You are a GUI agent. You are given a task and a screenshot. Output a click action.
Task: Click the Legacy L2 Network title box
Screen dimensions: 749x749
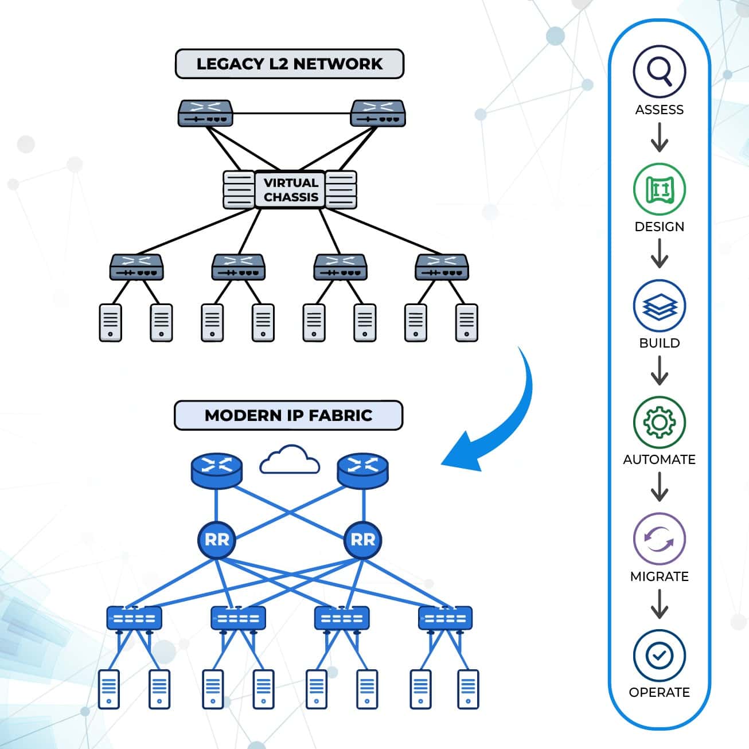tap(290, 64)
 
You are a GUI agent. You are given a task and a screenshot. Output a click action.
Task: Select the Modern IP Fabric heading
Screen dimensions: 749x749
tap(288, 415)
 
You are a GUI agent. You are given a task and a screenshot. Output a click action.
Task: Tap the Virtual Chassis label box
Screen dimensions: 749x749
tap(290, 190)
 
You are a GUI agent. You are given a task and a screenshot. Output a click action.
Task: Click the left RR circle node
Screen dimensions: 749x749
tap(216, 540)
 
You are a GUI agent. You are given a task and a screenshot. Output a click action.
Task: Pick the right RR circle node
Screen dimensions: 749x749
tap(362, 540)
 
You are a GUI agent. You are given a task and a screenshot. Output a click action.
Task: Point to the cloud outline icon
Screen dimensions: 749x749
tap(290, 460)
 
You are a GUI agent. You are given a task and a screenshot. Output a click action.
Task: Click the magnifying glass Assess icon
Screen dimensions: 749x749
tap(659, 72)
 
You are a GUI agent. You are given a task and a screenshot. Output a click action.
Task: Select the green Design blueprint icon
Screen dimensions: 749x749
tap(659, 189)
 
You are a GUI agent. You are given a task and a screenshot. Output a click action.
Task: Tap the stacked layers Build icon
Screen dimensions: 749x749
tap(659, 306)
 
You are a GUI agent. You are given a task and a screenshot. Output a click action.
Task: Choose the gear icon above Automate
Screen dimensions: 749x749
tap(659, 423)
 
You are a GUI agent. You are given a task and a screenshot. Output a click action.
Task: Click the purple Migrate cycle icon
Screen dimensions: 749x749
tap(659, 539)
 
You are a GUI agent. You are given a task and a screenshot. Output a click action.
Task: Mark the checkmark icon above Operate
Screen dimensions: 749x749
tap(659, 656)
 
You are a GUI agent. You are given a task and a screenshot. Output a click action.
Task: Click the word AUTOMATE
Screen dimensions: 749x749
tap(659, 459)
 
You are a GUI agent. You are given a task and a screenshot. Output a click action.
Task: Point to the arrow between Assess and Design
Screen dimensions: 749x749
tap(659, 137)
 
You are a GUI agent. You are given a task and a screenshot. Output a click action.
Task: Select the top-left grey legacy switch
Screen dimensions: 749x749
tap(205, 113)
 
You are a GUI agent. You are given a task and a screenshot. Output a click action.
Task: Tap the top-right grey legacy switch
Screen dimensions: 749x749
tap(378, 113)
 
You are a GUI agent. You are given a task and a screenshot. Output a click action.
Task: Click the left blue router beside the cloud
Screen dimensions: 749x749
tap(216, 471)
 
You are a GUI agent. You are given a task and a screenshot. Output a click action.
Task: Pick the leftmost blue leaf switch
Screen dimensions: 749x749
tap(134, 618)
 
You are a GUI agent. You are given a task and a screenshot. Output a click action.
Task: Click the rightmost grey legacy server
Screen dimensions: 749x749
tap(466, 323)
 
